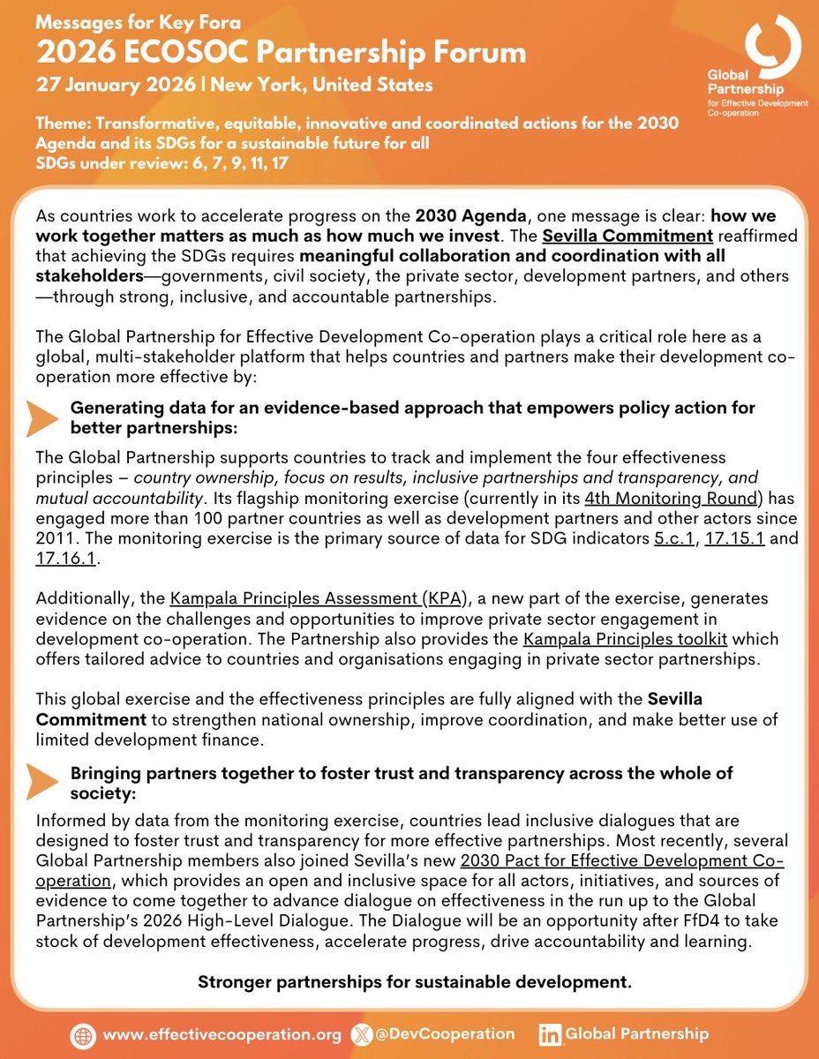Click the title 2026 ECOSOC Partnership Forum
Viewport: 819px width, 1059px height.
point(281,53)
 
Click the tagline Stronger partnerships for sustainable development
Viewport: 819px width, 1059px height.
point(414,981)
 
